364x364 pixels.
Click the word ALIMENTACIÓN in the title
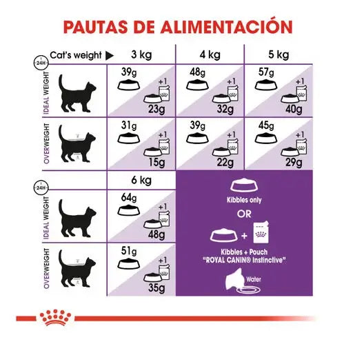(223, 28)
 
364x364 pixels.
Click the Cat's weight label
(72, 55)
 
